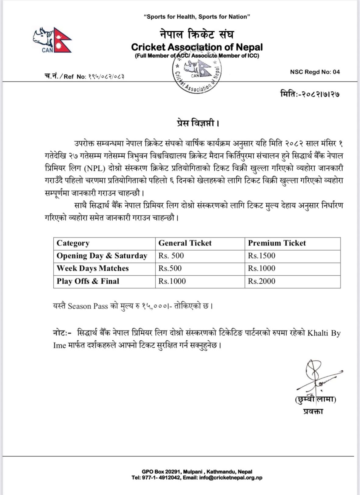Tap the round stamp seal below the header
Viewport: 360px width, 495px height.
pyautogui.click(x=197, y=72)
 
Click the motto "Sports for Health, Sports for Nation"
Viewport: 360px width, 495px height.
pyautogui.click(x=197, y=17)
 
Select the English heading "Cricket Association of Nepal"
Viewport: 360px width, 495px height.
pyautogui.click(x=197, y=47)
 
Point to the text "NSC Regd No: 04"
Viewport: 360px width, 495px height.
pyautogui.click(x=315, y=72)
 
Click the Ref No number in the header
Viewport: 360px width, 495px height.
pyautogui.click(x=106, y=77)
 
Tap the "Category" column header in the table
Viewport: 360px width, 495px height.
pyautogui.click(x=73, y=243)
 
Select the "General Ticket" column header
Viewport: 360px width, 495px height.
pyautogui.click(x=185, y=243)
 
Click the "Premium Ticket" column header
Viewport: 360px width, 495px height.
pyautogui.click(x=277, y=243)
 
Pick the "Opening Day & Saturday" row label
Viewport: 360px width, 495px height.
pyautogui.click(x=102, y=256)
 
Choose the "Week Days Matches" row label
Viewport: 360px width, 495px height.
pyautogui.click(x=93, y=269)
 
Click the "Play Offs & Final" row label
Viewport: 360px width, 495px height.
pyautogui.click(x=88, y=281)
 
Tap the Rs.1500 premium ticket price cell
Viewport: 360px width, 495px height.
pyautogui.click(x=261, y=256)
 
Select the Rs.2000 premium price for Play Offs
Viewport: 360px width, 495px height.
pyautogui.click(x=261, y=281)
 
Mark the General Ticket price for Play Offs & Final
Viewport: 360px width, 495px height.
pyautogui.click(x=172, y=281)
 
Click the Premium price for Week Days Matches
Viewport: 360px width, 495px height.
pyautogui.click(x=261, y=269)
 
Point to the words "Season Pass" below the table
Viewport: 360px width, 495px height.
pyautogui.click(x=88, y=306)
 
